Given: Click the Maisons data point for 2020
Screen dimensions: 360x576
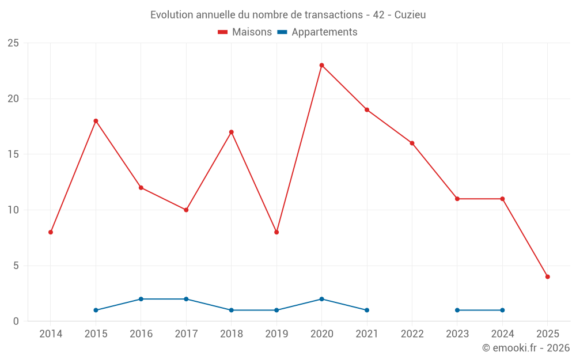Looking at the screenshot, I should pyautogui.click(x=321, y=65).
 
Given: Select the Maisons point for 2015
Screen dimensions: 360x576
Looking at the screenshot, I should pyautogui.click(x=96, y=121).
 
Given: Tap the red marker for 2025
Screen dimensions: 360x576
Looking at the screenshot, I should pyautogui.click(x=547, y=276).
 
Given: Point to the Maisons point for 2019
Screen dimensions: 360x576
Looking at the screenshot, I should pyautogui.click(x=276, y=232).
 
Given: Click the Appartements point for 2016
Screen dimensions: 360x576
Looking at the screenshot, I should pyautogui.click(x=141, y=299).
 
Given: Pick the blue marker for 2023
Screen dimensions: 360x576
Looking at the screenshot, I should pyautogui.click(x=457, y=310).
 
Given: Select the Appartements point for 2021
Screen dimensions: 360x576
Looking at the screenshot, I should pyautogui.click(x=367, y=310).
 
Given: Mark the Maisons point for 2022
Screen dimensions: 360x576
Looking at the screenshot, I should pyautogui.click(x=412, y=143).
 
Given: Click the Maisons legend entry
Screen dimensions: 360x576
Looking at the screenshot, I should pyautogui.click(x=245, y=32).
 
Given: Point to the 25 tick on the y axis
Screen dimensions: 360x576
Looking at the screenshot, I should pyautogui.click(x=13, y=43).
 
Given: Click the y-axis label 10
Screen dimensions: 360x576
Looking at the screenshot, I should pyautogui.click(x=13, y=210).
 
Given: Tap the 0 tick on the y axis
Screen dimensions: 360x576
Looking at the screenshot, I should pyautogui.click(x=16, y=321).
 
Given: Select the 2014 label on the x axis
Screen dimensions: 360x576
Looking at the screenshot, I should pyautogui.click(x=51, y=334).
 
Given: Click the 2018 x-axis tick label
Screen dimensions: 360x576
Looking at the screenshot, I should pyautogui.click(x=231, y=334).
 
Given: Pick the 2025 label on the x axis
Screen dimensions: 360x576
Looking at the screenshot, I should pyautogui.click(x=547, y=334).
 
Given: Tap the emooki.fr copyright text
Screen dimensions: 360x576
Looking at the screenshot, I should pyautogui.click(x=526, y=348).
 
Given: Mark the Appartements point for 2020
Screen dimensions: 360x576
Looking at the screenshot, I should pyautogui.click(x=321, y=299).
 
